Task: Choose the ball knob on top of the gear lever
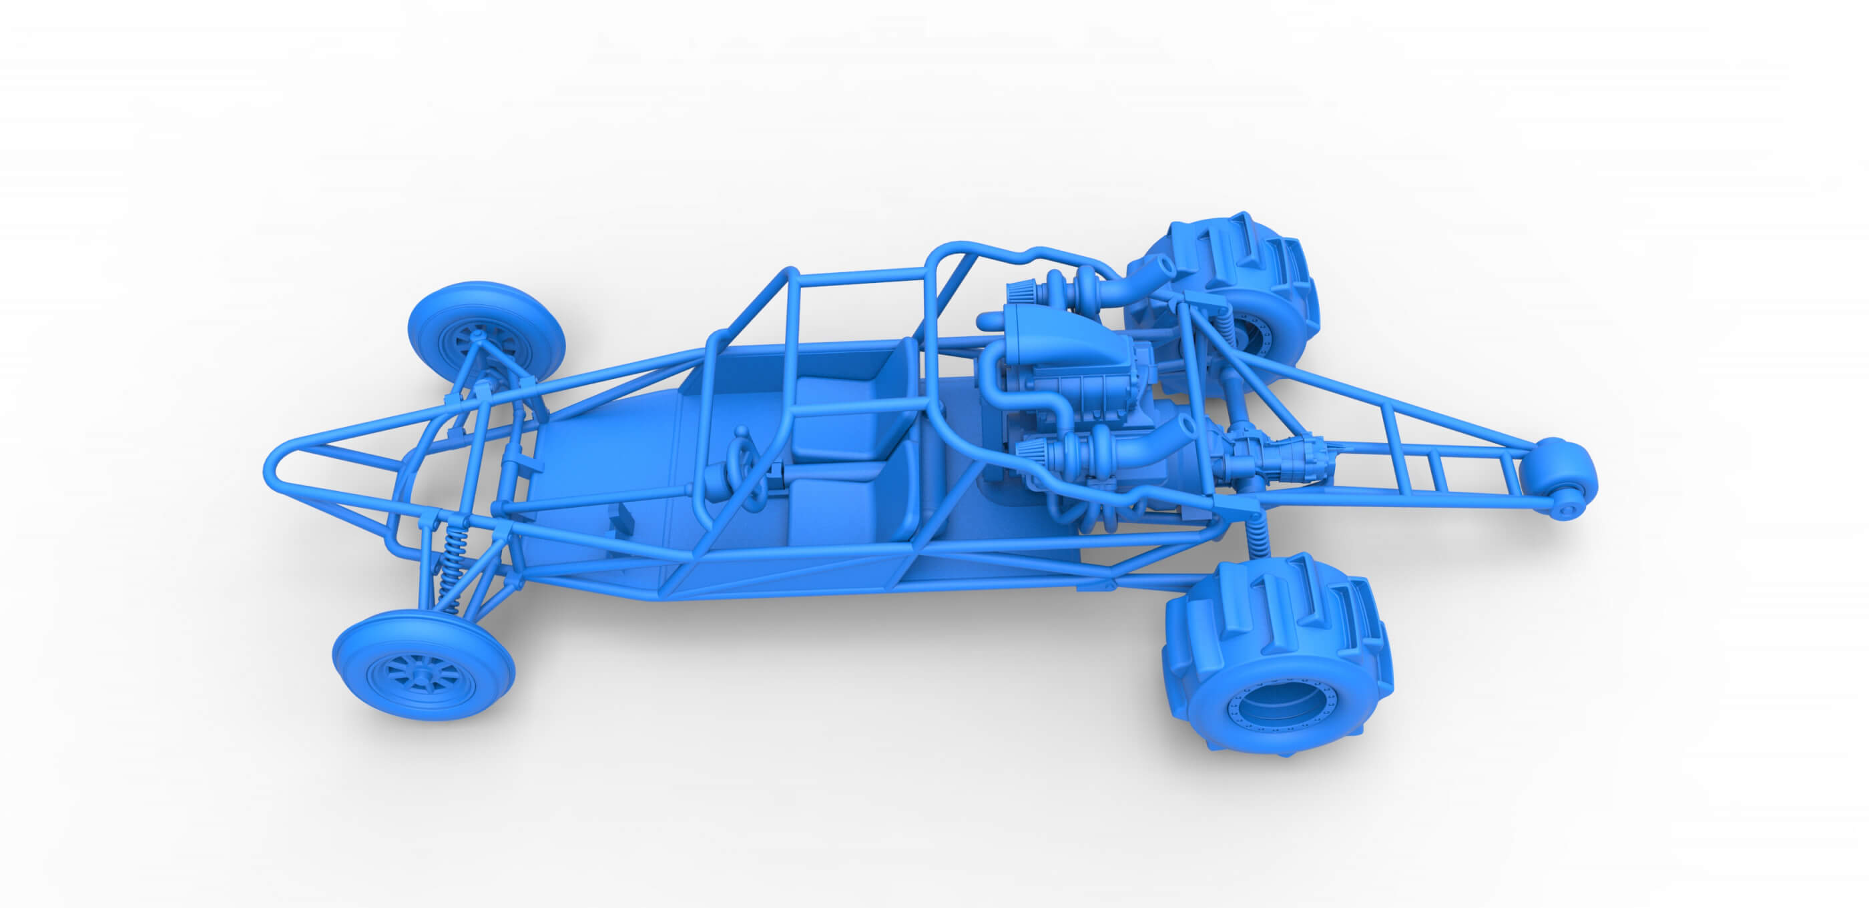pos(742,433)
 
